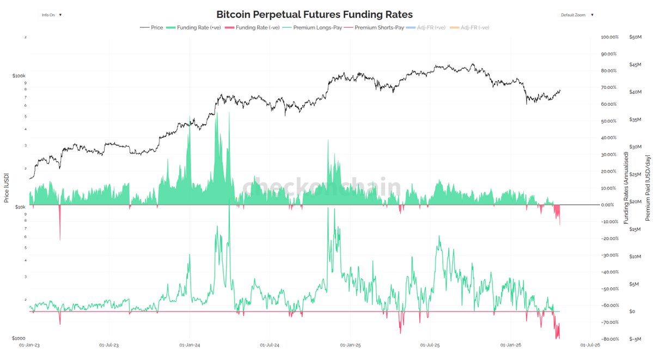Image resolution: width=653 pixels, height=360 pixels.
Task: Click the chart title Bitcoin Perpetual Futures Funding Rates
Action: point(314,14)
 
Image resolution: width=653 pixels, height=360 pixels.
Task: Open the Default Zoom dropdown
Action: point(577,15)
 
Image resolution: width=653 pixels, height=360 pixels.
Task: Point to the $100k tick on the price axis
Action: point(19,75)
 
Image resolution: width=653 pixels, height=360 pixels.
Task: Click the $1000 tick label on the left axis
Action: point(19,339)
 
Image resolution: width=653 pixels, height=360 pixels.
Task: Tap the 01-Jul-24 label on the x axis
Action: point(270,345)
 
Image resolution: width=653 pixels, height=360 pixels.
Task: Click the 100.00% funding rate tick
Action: point(608,37)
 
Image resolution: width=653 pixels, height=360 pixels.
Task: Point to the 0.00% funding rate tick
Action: point(609,205)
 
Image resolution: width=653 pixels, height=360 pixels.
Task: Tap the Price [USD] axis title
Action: point(7,188)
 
